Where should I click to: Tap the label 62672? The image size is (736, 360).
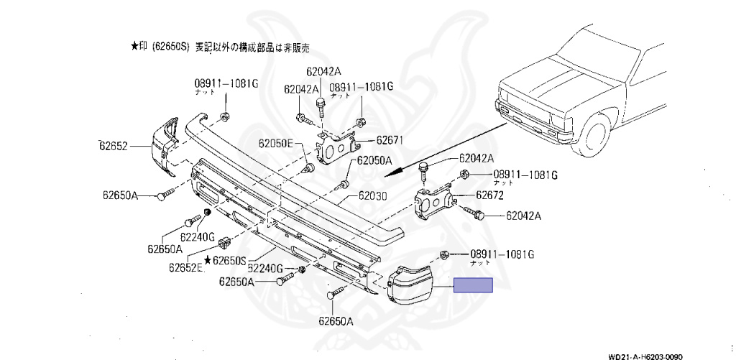(489, 194)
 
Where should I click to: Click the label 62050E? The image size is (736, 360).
(277, 144)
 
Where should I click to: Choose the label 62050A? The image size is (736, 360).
(374, 160)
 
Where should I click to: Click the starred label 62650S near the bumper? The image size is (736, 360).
(226, 259)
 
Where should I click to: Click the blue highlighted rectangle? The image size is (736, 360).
(473, 286)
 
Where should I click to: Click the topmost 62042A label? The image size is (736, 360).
(323, 71)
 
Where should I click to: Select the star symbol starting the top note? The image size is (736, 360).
(134, 46)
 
